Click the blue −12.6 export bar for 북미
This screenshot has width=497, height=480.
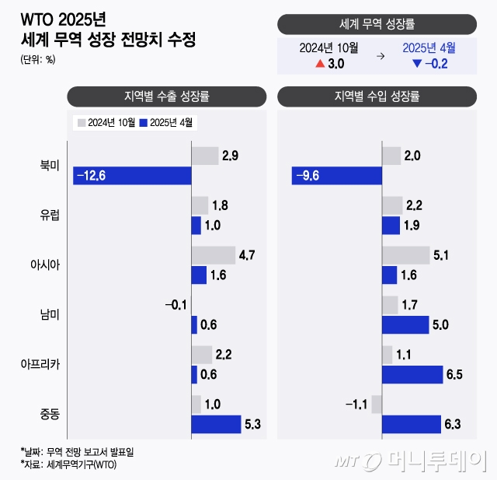(132, 176)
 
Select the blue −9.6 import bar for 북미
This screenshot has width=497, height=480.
(336, 176)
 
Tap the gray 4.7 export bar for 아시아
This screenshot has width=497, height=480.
(213, 255)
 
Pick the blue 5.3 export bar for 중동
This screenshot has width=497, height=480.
(216, 424)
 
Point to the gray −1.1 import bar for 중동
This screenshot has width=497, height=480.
(377, 405)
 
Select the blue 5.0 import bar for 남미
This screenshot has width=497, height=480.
(405, 324)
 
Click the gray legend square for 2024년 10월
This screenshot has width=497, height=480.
(80, 122)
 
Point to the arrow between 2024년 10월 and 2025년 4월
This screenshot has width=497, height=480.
(380, 56)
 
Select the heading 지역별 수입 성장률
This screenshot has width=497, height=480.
(377, 97)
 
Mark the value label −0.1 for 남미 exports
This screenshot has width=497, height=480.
(176, 305)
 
